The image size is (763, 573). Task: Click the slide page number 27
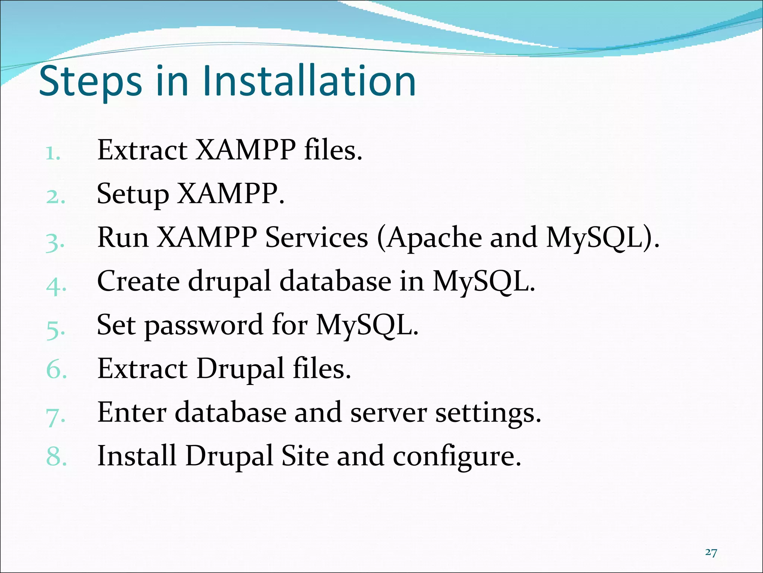[711, 552]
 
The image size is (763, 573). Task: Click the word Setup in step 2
[132, 194]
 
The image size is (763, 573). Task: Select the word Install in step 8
[136, 455]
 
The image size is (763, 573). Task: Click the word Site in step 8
[305, 455]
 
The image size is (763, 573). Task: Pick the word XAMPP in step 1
[246, 150]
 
